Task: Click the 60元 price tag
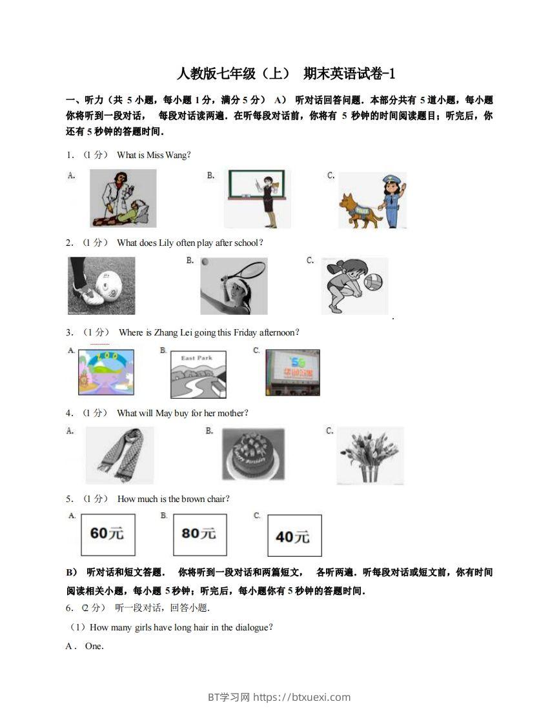[108, 534]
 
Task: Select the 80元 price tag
[199, 534]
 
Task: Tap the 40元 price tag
[294, 536]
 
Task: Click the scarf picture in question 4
[119, 455]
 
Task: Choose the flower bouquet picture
[370, 455]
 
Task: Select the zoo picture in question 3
[106, 372]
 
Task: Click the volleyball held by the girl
[372, 283]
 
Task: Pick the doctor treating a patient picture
[123, 199]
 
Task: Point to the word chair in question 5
[216, 499]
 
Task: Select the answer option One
[94, 646]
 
